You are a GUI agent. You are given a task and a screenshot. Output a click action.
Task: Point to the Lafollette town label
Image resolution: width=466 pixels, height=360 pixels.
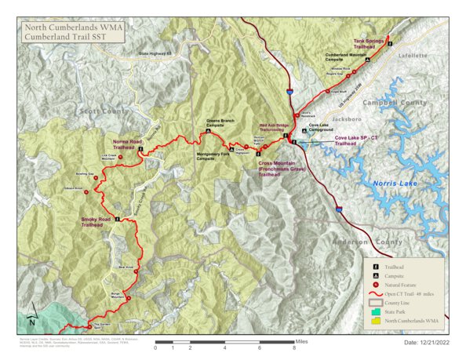tap(417, 56)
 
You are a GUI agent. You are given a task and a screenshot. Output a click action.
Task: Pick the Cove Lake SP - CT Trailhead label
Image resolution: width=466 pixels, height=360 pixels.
tap(357, 141)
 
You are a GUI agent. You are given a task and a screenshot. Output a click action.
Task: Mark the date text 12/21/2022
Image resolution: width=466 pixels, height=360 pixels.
tap(427, 344)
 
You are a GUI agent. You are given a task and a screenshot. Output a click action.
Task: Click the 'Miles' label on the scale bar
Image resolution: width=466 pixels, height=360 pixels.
tap(303, 342)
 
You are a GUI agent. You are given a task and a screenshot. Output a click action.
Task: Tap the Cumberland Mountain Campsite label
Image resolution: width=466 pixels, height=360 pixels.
tap(348, 58)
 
